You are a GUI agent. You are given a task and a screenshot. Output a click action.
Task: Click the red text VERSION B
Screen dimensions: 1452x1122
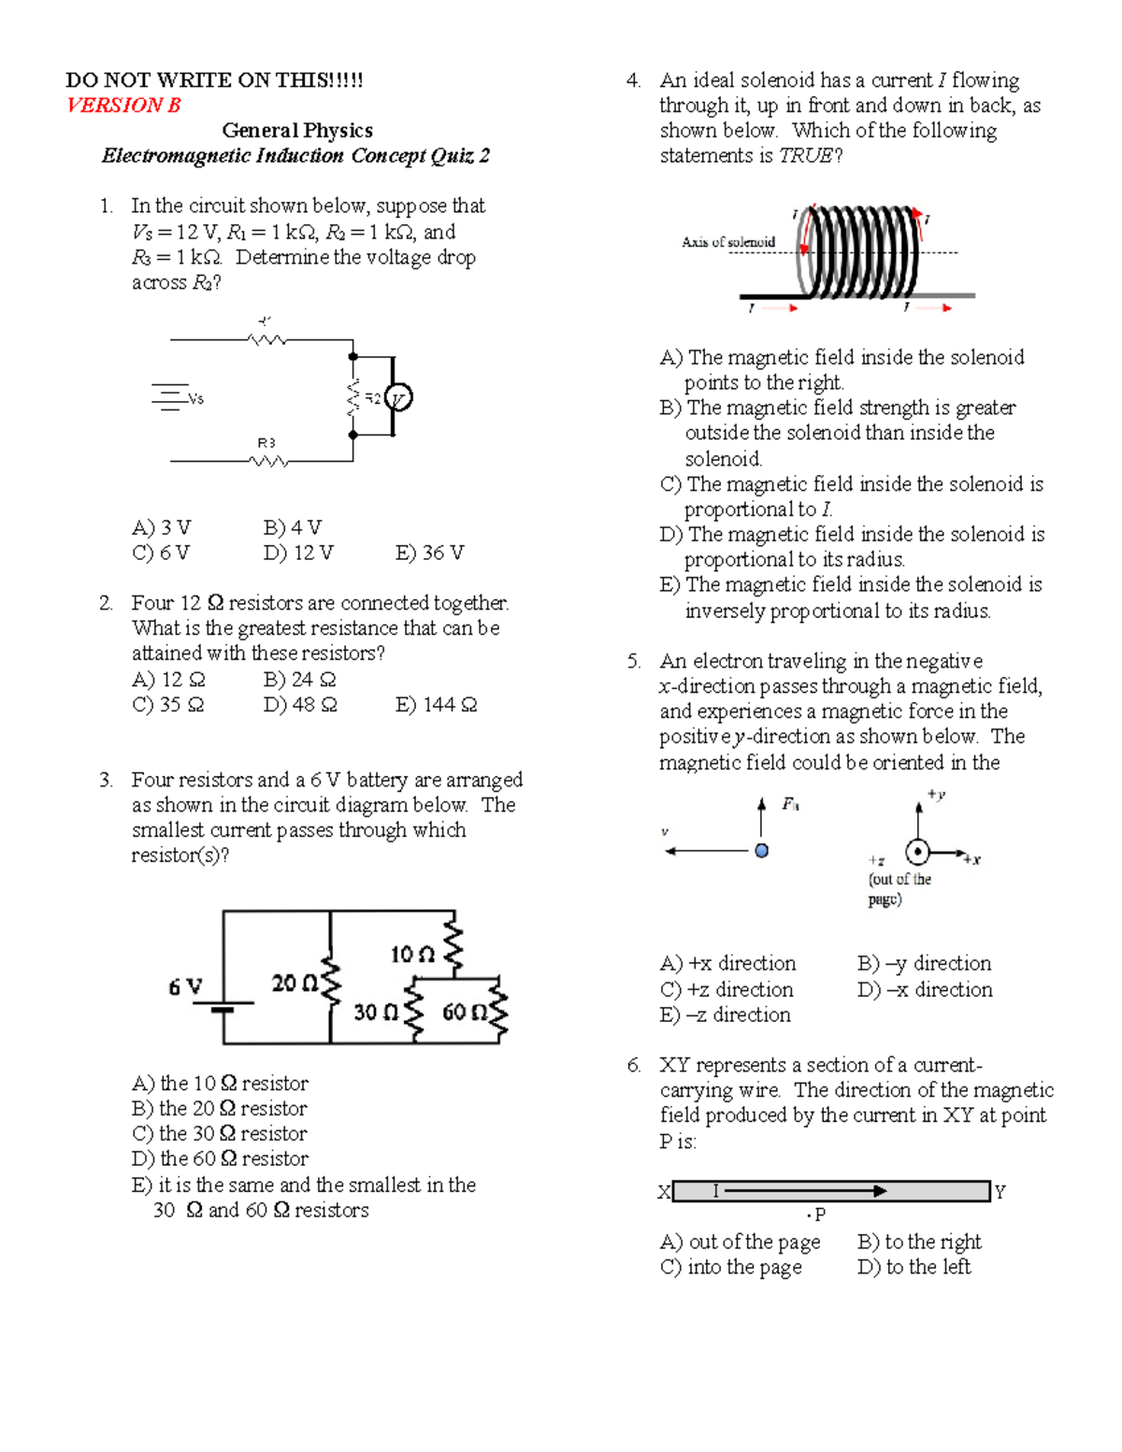point(123,106)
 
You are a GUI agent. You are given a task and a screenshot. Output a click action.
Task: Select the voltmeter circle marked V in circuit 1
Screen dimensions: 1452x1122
point(397,398)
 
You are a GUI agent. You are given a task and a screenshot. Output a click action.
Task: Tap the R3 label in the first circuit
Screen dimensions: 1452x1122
point(266,442)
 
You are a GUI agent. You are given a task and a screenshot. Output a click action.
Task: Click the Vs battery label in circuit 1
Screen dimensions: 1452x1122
point(194,398)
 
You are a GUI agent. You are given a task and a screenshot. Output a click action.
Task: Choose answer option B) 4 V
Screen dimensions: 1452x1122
point(292,527)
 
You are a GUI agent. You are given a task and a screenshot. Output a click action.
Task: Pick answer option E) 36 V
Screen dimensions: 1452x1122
point(429,553)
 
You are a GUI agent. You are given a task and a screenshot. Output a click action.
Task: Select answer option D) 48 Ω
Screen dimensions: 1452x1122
point(299,705)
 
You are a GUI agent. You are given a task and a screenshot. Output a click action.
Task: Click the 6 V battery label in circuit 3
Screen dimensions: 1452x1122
point(185,987)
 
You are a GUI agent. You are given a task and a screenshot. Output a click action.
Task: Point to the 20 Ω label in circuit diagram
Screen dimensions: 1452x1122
point(295,984)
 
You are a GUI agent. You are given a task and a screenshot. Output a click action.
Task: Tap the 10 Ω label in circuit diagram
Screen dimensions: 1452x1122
point(412,955)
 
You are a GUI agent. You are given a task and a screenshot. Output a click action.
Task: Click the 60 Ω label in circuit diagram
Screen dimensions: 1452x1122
point(465,1012)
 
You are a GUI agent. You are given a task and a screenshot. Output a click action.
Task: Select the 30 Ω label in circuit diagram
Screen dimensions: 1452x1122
point(376,1013)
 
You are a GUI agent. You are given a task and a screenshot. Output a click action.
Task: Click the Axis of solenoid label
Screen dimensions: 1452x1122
point(728,242)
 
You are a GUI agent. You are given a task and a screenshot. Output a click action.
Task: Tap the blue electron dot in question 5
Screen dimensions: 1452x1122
point(761,851)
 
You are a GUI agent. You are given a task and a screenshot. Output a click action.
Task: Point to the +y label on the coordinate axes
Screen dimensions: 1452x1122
point(936,795)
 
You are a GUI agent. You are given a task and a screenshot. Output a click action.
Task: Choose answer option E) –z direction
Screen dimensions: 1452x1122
point(725,1015)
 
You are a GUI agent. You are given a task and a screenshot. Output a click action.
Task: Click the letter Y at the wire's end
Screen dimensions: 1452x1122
point(1000,1192)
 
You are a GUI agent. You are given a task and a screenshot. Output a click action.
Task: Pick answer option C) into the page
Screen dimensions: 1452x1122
point(730,1268)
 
